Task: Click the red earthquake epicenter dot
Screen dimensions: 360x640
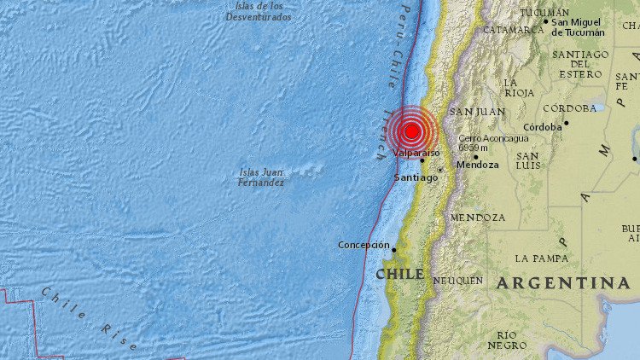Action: click(x=411, y=131)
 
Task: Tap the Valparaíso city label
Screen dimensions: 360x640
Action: click(x=416, y=153)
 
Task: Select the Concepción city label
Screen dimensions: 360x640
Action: click(x=364, y=245)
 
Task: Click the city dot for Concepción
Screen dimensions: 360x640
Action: click(x=394, y=250)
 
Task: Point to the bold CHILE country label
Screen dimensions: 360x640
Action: click(x=399, y=274)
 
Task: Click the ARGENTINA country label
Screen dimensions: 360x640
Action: click(x=563, y=282)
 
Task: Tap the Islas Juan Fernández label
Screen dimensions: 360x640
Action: click(x=263, y=177)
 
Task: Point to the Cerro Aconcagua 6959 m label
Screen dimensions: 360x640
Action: click(x=493, y=142)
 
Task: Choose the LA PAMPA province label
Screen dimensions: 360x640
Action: click(x=541, y=258)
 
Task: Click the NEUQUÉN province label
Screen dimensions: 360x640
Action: click(x=458, y=280)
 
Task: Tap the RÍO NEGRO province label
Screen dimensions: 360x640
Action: click(x=507, y=340)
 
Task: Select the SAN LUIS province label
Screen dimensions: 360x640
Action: click(x=527, y=160)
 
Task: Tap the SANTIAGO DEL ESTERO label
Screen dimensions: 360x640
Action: click(x=580, y=65)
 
